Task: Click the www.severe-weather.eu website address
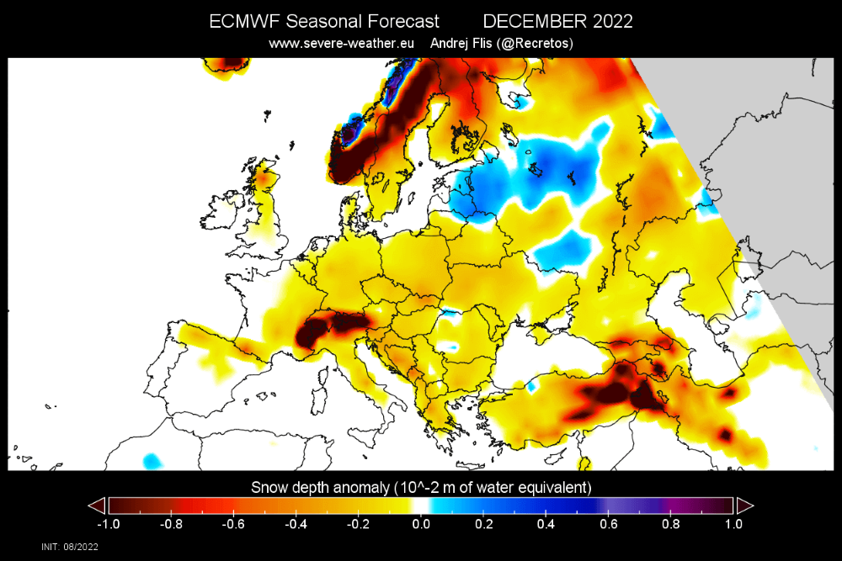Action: pos(342,43)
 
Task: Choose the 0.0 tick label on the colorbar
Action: pos(420,523)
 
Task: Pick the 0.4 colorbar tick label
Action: pos(545,523)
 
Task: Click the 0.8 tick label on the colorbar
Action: pos(670,523)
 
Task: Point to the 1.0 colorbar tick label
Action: pos(733,523)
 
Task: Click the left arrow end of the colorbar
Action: pos(97,505)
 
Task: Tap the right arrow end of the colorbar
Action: pos(744,505)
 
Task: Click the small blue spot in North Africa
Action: pos(152,461)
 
